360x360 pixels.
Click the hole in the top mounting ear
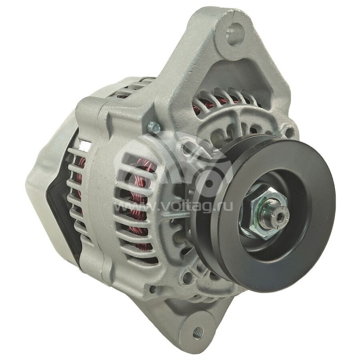234,35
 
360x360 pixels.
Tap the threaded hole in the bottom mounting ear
197,333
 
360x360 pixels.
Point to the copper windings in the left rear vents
79,180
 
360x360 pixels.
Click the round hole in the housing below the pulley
184,277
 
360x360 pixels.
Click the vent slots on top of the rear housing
130,88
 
